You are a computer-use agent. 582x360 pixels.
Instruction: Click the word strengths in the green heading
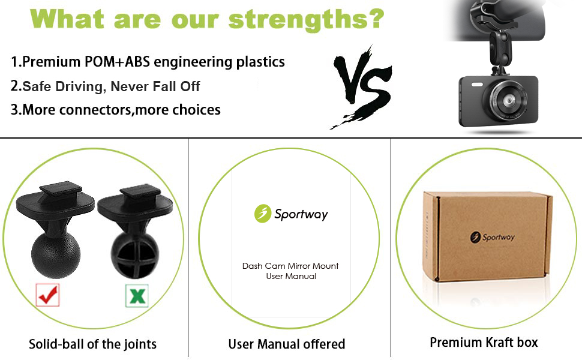point(296,19)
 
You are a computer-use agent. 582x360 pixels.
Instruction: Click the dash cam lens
point(508,100)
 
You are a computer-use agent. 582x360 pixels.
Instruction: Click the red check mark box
point(47,295)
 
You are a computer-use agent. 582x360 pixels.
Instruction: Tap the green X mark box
point(137,296)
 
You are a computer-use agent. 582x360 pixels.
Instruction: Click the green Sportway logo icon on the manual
point(262,214)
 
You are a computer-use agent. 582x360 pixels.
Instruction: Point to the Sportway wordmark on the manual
point(301,214)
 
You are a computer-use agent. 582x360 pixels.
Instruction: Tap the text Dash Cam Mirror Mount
point(290,266)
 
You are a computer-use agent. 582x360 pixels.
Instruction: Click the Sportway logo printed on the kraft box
point(492,237)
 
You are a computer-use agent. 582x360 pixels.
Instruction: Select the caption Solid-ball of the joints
point(93,344)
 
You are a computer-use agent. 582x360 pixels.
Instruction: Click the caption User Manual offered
point(287,344)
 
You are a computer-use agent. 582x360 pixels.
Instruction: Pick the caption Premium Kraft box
point(484,342)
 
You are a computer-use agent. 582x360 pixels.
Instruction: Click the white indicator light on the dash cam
point(477,85)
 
